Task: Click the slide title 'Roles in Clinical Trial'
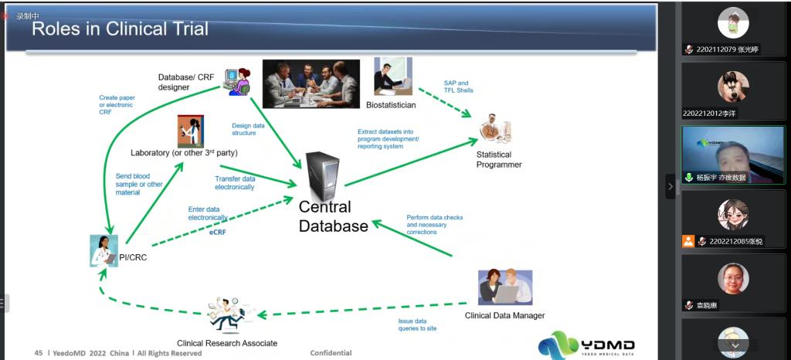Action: (x=120, y=29)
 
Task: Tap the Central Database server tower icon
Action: (x=322, y=173)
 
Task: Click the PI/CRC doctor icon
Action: (x=104, y=250)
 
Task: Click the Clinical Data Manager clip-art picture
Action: (x=505, y=287)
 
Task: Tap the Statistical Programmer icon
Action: (x=495, y=130)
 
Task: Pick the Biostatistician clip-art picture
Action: (x=393, y=76)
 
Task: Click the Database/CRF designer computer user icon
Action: (x=237, y=80)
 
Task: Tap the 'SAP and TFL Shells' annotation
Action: (x=458, y=87)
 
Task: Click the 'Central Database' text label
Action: (x=334, y=217)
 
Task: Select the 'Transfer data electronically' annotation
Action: (x=235, y=182)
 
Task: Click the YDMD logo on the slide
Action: (x=586, y=344)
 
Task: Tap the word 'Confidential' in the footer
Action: (x=331, y=353)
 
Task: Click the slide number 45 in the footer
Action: (x=39, y=353)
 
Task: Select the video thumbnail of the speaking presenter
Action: (x=732, y=155)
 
